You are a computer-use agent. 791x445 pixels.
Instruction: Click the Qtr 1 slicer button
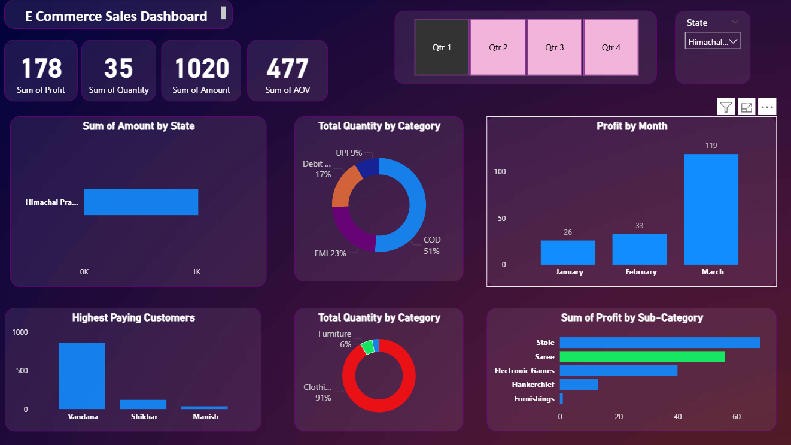(442, 47)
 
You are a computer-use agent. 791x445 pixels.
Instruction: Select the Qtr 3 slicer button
(554, 47)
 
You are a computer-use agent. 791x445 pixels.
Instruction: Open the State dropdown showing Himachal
(713, 41)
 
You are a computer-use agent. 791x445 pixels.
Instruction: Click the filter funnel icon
(726, 108)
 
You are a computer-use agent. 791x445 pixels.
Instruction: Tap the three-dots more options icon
(767, 108)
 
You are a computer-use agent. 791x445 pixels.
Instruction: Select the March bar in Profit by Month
(711, 209)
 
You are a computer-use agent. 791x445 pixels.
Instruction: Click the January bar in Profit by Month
(568, 252)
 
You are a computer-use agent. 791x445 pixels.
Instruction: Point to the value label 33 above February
(639, 226)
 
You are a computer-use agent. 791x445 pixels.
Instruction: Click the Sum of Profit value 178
(41, 68)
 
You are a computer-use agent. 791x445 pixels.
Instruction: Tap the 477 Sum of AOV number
(287, 68)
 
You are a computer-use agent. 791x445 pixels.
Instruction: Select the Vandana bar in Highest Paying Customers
(82, 376)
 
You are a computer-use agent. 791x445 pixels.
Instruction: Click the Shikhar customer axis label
(144, 416)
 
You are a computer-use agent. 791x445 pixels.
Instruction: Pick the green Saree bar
(641, 357)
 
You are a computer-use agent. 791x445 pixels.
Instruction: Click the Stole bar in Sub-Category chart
(659, 343)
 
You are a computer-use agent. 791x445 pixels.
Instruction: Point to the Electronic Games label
(524, 371)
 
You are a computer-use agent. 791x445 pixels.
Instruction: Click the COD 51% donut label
(431, 246)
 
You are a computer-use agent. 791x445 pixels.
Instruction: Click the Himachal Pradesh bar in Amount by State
(141, 202)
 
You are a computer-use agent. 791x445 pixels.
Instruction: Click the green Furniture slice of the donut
(367, 347)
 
